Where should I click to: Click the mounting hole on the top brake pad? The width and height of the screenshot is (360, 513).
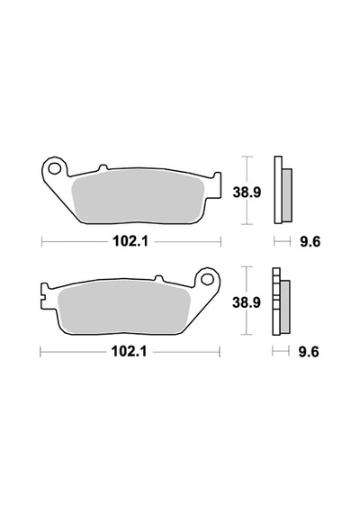pos(54,169)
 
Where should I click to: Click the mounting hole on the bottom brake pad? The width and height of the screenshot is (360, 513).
pos(207,279)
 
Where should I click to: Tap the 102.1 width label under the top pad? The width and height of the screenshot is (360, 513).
pos(130,242)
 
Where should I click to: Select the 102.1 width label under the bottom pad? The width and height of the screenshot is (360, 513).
pos(130,352)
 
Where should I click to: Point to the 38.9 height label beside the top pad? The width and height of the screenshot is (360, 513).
pos(247,192)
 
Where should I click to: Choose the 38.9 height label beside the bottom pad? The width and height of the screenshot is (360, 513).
pos(247,302)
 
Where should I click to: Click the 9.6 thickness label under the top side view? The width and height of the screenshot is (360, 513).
pos(310,242)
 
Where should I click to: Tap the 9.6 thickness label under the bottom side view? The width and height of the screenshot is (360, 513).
pos(309,353)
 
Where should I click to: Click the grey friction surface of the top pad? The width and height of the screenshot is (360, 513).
pos(138,196)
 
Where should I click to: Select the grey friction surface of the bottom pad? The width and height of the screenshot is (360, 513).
pos(123,307)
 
